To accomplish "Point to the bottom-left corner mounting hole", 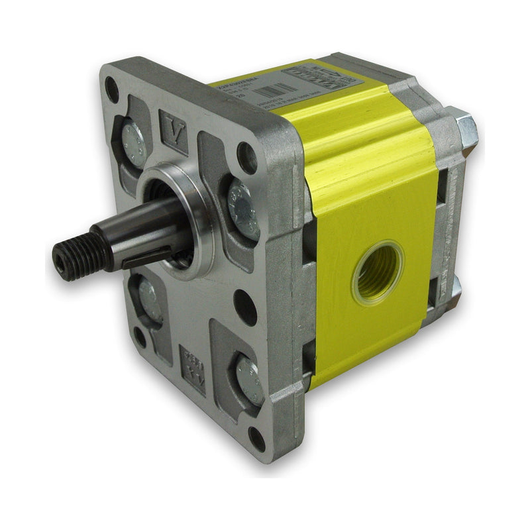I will (140, 337).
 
